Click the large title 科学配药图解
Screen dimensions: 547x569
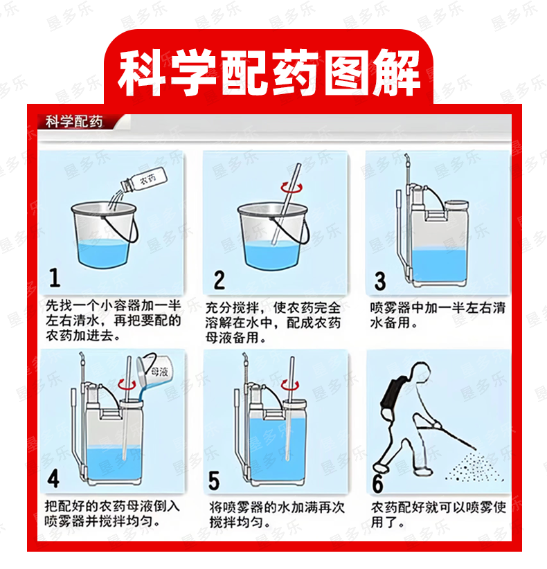(x=269, y=73)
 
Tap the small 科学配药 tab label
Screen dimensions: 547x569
(x=74, y=122)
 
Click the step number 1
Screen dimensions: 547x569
(x=55, y=278)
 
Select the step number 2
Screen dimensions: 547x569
(x=219, y=280)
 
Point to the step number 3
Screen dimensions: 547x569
(x=380, y=281)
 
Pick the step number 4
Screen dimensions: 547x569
(x=53, y=478)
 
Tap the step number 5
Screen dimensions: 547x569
(x=214, y=481)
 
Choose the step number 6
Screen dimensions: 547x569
(x=378, y=483)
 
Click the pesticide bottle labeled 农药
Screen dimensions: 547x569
(x=145, y=180)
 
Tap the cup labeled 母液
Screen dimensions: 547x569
(x=156, y=370)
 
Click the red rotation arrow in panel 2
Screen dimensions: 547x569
(x=292, y=188)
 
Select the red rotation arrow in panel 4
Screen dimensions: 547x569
(x=127, y=384)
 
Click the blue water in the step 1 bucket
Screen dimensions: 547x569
(x=102, y=253)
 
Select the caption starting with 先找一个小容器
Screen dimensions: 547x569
(x=113, y=320)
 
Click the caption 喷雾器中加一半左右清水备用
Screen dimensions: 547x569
(x=438, y=315)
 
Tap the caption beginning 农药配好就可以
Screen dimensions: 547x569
(x=438, y=514)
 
